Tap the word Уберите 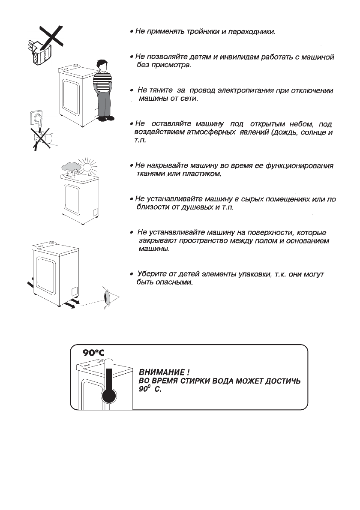pyautogui.click(x=150, y=274)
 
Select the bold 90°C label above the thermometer pyautogui.click(x=94, y=353)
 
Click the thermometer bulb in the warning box pyautogui.click(x=108, y=394)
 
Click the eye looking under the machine pyautogui.click(x=107, y=297)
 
